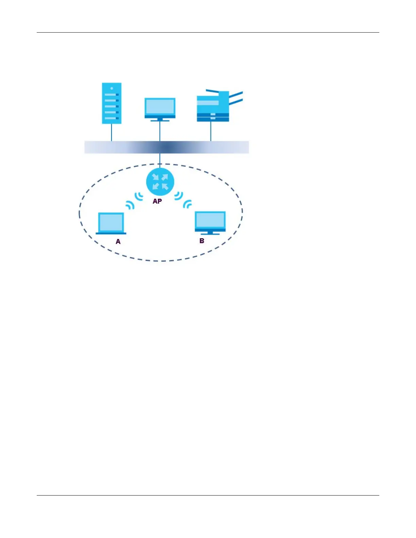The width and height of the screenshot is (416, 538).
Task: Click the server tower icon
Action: tap(111, 103)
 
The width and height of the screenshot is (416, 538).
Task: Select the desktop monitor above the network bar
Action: tap(160, 108)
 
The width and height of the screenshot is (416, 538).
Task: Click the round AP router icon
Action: tap(160, 181)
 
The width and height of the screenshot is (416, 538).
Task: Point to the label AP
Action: tap(157, 201)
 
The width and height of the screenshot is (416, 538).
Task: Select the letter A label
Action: tap(118, 241)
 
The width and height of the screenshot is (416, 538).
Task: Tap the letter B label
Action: tap(202, 241)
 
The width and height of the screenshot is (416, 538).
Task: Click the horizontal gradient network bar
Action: tap(167, 147)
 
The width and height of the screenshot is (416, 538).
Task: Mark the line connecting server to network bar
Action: tap(111, 132)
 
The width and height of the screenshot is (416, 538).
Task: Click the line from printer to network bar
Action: tap(211, 131)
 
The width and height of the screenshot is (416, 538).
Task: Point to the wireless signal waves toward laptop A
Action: tap(134, 200)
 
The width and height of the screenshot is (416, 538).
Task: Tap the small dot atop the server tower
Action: tap(111, 88)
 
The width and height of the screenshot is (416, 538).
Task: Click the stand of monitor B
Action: tap(210, 233)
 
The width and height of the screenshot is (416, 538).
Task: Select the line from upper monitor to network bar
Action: tap(160, 131)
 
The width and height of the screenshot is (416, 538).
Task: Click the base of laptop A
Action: tap(111, 233)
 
